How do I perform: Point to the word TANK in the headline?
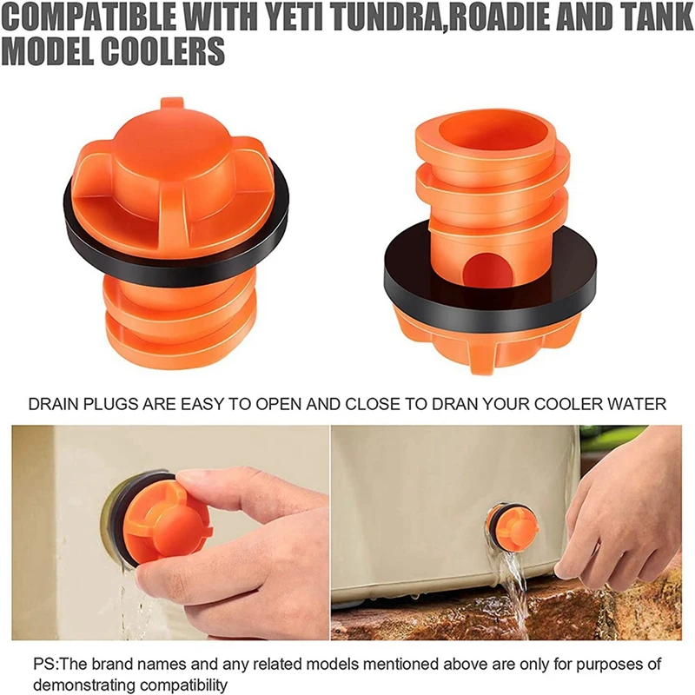[x=646, y=18]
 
